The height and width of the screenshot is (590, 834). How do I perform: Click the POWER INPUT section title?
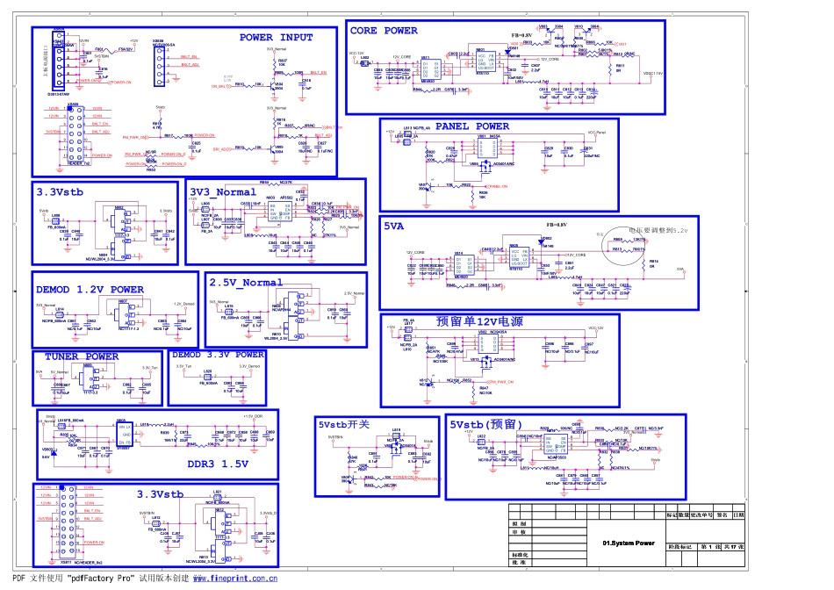[276, 38]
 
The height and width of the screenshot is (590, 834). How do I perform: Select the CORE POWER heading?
[384, 31]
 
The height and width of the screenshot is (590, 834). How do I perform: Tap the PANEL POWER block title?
[471, 126]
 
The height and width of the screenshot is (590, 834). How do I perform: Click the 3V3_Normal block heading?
[224, 191]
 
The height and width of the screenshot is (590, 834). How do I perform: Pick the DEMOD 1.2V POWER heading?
[90, 289]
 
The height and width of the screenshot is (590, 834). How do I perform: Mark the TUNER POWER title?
[81, 356]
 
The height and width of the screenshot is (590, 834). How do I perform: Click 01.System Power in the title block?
[629, 543]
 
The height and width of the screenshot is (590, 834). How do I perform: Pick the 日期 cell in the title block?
[738, 514]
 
